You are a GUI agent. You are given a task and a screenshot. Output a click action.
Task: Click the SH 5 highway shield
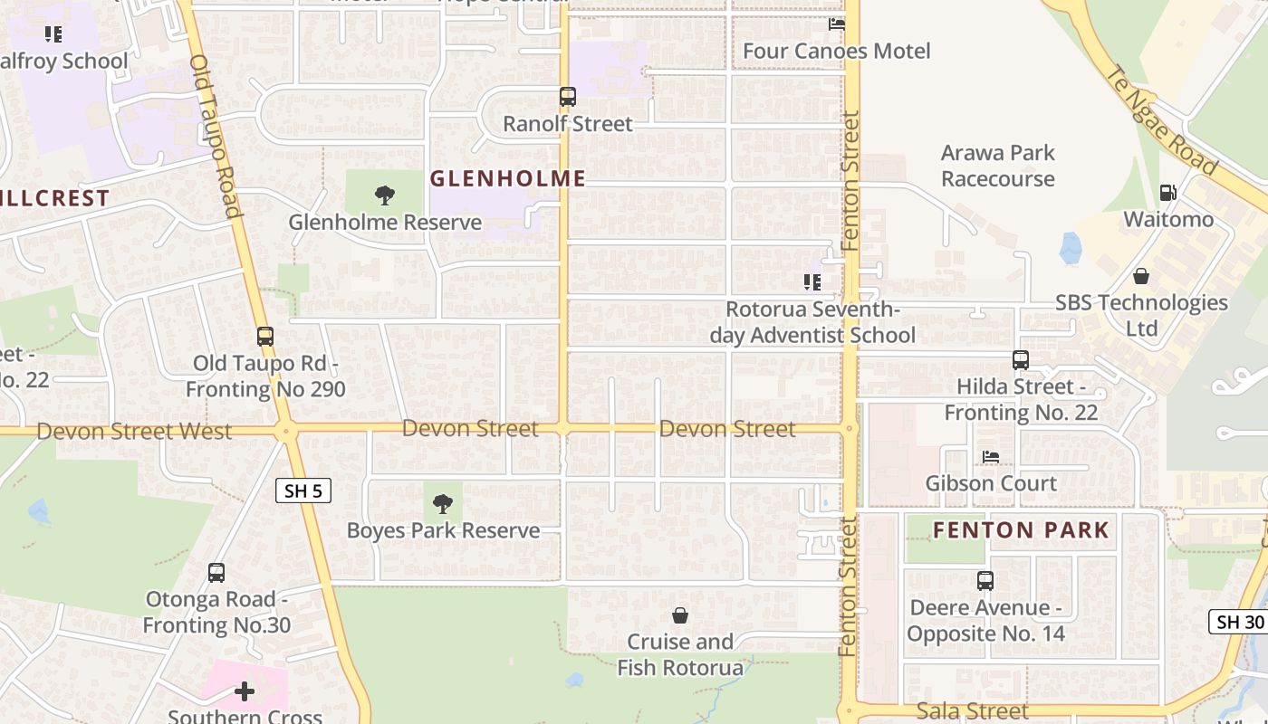(303, 491)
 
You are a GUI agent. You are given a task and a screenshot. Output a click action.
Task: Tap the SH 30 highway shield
(1238, 622)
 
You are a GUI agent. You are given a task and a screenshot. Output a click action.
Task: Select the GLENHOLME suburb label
(507, 178)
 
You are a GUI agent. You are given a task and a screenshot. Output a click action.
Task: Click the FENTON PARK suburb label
(1021, 530)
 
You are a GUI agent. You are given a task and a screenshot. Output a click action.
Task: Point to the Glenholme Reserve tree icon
(385, 195)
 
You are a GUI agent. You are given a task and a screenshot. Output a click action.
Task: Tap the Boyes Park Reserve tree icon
(443, 504)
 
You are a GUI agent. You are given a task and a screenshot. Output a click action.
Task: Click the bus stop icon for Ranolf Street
(568, 97)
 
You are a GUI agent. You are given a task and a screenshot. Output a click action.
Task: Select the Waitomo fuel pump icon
(1168, 193)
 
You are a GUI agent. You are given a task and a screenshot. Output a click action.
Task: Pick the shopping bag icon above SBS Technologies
(1141, 275)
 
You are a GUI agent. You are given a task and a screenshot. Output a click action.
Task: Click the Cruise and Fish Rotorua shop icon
(680, 615)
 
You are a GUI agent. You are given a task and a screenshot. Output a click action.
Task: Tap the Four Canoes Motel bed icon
(837, 24)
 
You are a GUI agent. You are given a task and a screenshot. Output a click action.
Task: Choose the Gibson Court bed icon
(991, 457)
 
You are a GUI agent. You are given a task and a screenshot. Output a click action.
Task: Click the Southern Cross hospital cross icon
(245, 692)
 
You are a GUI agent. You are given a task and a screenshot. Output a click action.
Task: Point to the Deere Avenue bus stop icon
(985, 581)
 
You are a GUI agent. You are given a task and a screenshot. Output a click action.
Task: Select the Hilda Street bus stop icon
(1021, 360)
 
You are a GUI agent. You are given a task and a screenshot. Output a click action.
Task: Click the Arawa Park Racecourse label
(997, 166)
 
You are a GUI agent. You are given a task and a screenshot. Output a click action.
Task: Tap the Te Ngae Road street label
(1161, 119)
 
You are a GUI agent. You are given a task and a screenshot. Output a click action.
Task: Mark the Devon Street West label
(134, 432)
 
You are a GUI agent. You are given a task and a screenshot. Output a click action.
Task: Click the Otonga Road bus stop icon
(216, 573)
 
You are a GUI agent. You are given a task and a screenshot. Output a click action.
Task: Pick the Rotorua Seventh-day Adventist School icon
(812, 282)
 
